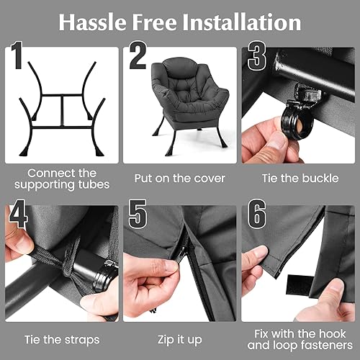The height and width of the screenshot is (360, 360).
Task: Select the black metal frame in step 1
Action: (x=62, y=108)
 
